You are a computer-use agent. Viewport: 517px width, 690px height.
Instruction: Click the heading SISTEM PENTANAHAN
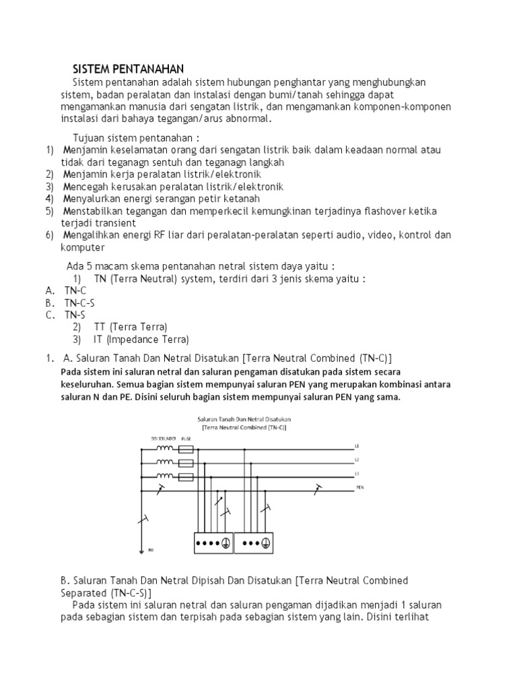tap(123, 69)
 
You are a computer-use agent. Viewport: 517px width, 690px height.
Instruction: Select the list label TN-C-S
tap(79, 303)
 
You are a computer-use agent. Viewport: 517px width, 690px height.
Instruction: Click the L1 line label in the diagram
tap(357, 446)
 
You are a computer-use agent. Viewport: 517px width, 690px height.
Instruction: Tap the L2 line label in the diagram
tap(357, 461)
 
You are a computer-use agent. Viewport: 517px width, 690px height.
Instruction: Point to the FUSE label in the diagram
tap(186, 438)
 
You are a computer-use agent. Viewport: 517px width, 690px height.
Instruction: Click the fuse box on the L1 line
tap(186, 447)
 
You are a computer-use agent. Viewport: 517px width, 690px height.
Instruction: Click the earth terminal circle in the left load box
tap(226, 543)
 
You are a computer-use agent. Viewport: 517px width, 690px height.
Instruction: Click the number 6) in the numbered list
tap(50, 235)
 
